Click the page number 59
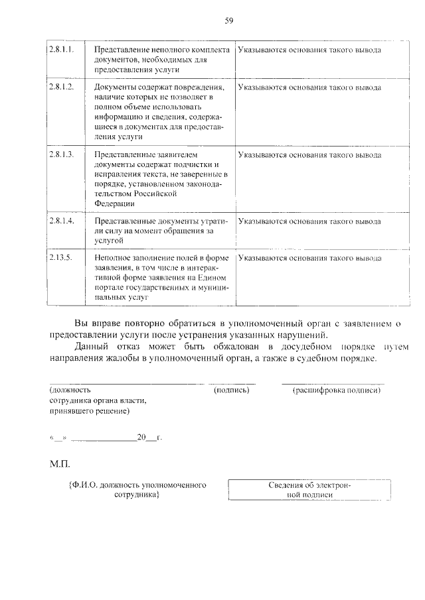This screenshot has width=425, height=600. point(228,21)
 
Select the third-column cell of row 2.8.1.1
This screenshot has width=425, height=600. point(309,50)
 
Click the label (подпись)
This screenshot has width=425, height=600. point(231,390)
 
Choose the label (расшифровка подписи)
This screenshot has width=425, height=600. point(336,390)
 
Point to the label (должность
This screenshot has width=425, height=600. point(70,390)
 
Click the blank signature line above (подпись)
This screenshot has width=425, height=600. point(232,383)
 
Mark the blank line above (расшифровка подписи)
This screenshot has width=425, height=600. point(333,383)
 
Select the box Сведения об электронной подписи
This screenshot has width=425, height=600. point(309,490)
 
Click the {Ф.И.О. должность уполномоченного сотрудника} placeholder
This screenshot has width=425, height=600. point(137,490)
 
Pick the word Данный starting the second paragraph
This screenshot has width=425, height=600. point(90,346)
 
